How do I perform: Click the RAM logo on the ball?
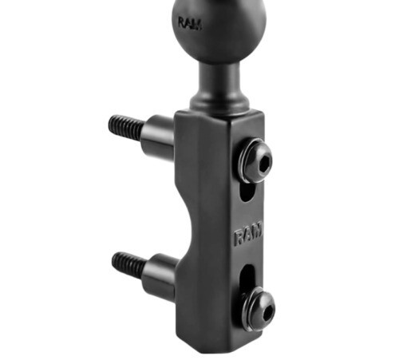point(190,23)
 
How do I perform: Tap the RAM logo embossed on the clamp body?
point(248,235)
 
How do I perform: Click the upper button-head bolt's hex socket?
point(265,162)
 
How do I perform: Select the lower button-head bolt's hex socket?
point(268,311)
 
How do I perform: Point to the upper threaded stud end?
point(126,126)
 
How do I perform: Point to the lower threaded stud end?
point(128,264)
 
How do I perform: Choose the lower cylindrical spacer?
point(160,275)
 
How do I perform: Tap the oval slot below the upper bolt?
point(247,192)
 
